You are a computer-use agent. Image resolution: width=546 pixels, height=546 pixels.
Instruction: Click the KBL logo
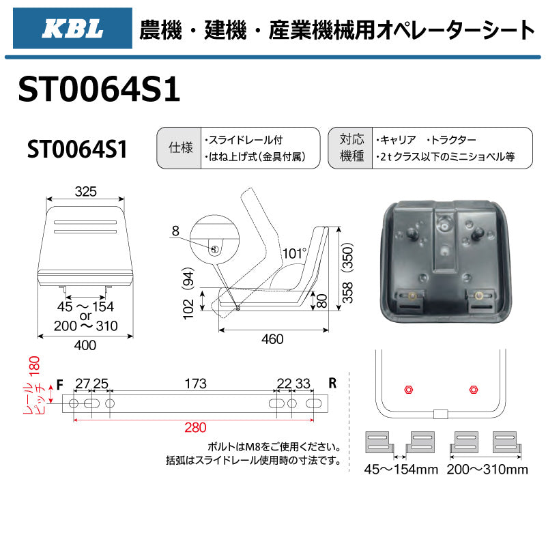(72, 29)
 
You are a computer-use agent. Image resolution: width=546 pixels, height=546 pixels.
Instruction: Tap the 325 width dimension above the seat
(86, 192)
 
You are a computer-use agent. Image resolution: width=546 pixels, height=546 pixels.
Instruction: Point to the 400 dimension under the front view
(85, 345)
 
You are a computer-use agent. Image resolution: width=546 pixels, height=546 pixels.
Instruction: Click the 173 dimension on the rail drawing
(195, 384)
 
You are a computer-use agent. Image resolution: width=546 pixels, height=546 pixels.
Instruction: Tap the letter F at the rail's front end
(60, 384)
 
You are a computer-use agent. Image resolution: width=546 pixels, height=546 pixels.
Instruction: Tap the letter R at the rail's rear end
(332, 383)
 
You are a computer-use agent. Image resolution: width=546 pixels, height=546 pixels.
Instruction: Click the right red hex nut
(473, 389)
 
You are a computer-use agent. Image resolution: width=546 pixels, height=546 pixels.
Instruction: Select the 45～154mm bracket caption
(399, 470)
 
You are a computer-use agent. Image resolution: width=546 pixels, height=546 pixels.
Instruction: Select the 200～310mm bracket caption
(487, 470)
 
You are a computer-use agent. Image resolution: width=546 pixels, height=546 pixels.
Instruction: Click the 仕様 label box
(179, 148)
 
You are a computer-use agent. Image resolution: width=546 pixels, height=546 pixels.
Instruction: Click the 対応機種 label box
(349, 148)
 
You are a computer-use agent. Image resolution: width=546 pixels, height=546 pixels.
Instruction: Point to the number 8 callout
(175, 231)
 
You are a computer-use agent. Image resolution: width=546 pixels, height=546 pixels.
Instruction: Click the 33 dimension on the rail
(304, 384)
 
